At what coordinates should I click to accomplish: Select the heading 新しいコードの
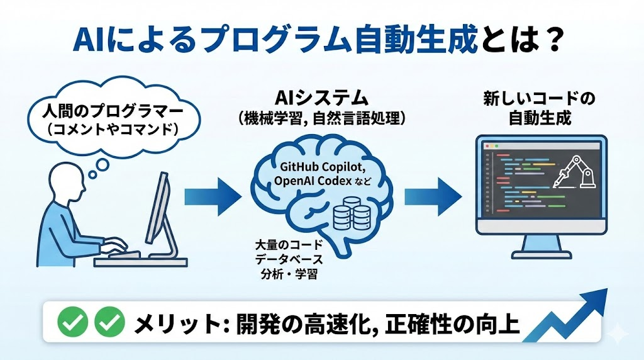pos(539,99)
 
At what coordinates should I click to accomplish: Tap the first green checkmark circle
pos(72,323)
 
